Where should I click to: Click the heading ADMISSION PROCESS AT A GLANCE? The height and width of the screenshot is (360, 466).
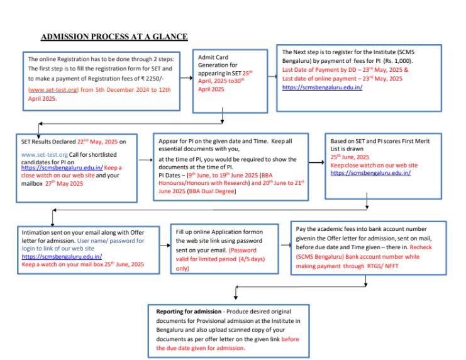114,37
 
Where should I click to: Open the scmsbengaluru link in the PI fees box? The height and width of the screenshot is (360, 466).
322,87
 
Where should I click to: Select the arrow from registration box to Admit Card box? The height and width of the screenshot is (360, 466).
187,79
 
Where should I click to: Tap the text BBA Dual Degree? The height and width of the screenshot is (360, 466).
216,191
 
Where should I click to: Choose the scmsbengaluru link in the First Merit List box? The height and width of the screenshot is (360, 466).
370,172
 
